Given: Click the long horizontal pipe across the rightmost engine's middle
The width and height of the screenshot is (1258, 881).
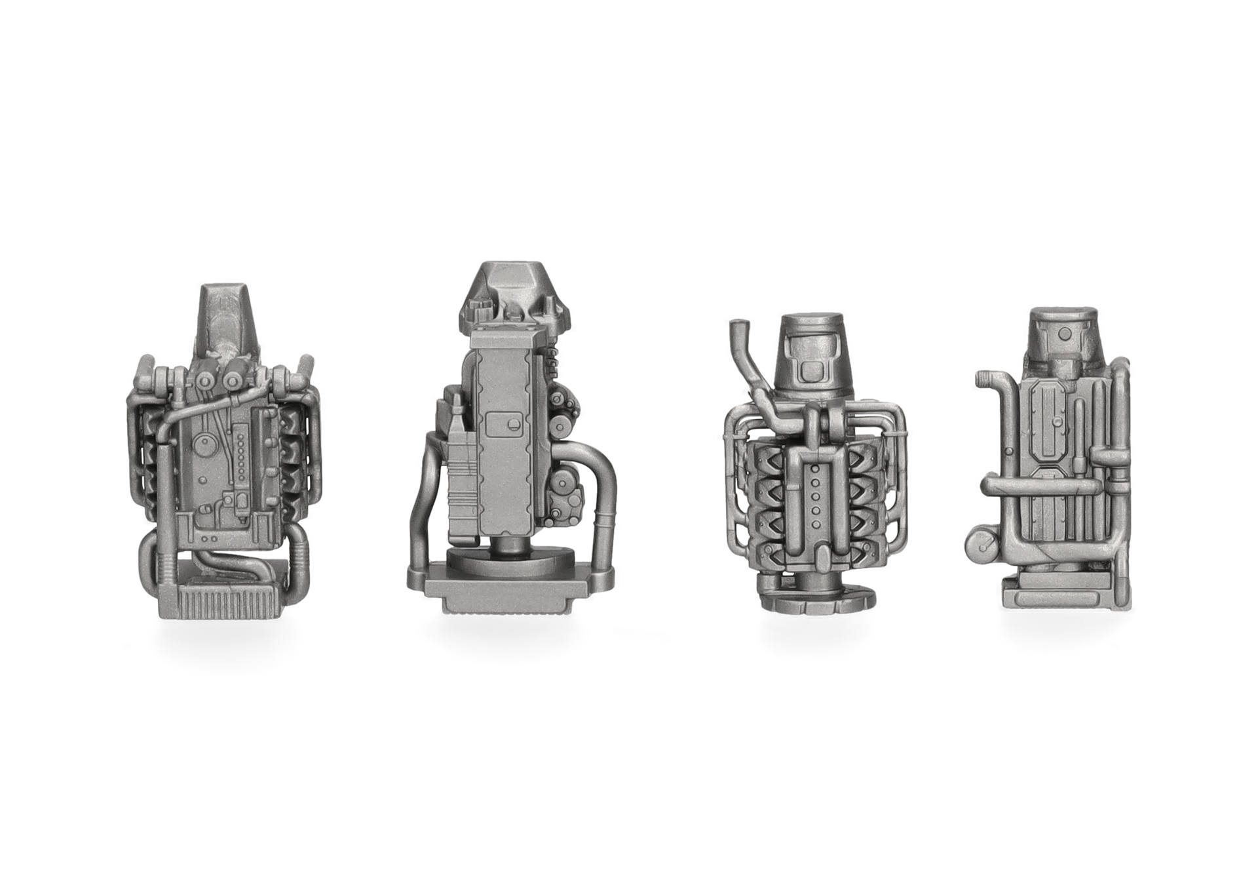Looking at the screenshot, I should [1042, 486].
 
